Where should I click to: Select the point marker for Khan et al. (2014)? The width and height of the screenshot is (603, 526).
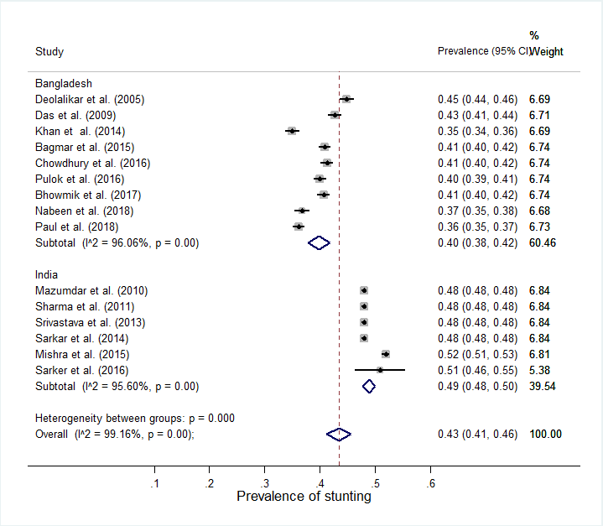[x=292, y=131]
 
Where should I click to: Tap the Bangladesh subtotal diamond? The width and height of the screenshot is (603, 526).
[x=319, y=242]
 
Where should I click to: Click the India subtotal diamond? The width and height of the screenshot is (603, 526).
[x=368, y=386]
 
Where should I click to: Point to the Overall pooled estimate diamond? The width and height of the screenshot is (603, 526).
[x=339, y=434]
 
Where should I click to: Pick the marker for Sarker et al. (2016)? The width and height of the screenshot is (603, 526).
[x=380, y=370]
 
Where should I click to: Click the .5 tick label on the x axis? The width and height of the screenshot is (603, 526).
[x=375, y=484]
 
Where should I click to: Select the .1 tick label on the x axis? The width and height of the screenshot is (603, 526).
[x=155, y=484]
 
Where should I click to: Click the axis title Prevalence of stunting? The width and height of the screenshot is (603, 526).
[x=304, y=497]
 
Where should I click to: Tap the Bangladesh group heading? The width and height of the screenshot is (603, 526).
[x=63, y=83]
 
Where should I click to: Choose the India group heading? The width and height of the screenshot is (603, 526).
[x=47, y=274]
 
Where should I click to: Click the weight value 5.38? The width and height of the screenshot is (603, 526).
[x=539, y=370]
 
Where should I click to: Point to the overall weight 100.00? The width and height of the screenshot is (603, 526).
[x=544, y=434]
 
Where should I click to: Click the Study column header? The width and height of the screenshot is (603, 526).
[x=49, y=52]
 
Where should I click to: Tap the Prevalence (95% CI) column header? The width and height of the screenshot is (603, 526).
[x=483, y=51]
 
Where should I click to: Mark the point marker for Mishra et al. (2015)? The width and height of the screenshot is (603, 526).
[x=385, y=354]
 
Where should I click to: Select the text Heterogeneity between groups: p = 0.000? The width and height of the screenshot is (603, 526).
[x=134, y=418]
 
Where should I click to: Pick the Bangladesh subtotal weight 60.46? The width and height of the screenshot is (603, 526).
[x=543, y=242]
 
